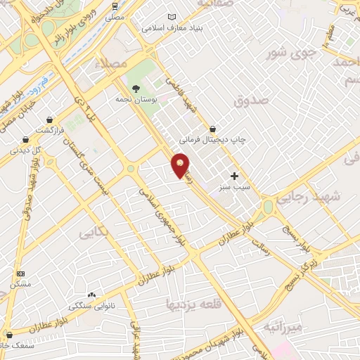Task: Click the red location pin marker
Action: pos(181,165)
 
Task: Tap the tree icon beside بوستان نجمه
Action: pos(136,88)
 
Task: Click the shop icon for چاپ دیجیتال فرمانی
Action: pos(213,128)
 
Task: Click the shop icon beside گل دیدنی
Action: pos(25,139)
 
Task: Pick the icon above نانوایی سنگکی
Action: pos(91,295)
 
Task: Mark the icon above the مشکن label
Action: pos(20,274)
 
